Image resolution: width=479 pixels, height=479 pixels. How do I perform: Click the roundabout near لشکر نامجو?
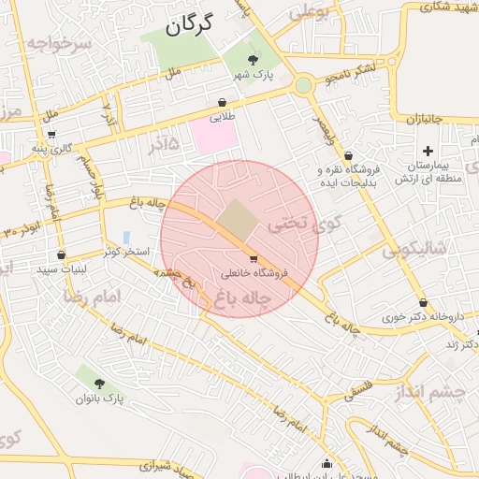click(x=302, y=86)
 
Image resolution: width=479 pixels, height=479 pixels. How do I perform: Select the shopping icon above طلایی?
click(x=221, y=103)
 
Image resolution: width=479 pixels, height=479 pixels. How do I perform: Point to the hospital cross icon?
click(x=428, y=151)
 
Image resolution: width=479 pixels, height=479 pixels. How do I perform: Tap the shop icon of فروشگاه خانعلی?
click(x=254, y=258)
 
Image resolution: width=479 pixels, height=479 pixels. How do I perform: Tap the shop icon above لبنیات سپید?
click(x=61, y=254)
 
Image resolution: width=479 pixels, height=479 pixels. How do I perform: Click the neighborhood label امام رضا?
click(x=93, y=296)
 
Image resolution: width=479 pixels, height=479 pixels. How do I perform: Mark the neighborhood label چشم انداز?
click(x=447, y=394)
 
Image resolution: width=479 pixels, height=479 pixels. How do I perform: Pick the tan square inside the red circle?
click(x=238, y=219)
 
